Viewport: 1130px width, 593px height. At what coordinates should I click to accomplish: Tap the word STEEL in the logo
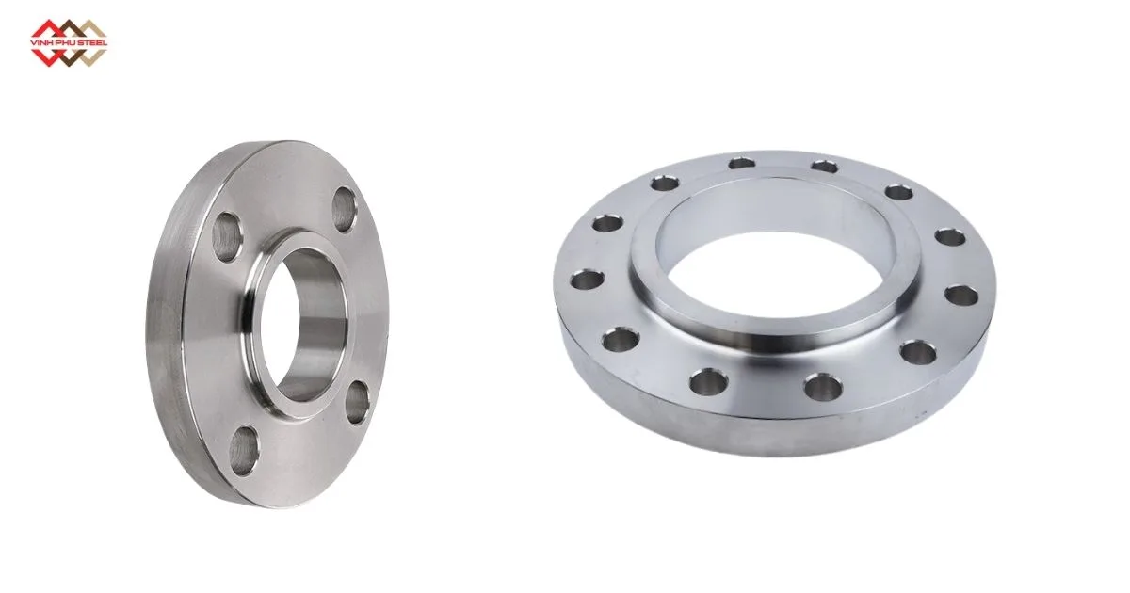(92, 42)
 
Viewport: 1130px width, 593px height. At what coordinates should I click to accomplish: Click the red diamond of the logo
(49, 32)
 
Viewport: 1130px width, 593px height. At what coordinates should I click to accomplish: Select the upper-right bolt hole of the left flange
(344, 206)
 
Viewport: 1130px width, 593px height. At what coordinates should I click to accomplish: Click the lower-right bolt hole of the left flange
(357, 403)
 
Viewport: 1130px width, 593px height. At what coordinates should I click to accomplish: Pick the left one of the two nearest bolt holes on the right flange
(708, 381)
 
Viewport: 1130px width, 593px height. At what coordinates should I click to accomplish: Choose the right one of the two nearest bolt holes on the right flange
(822, 385)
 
